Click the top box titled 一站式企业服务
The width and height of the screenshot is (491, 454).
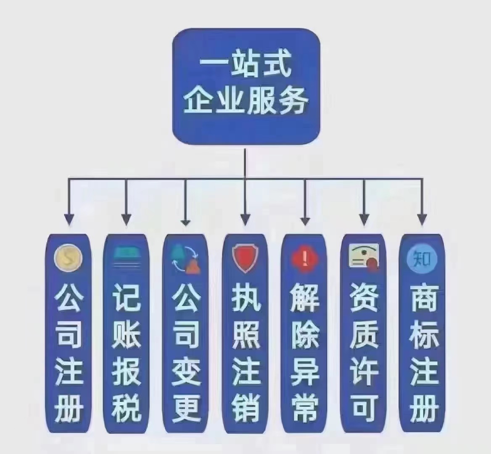(x=246, y=87)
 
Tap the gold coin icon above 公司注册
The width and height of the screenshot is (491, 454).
(x=68, y=258)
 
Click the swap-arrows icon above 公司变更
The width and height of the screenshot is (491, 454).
(x=186, y=258)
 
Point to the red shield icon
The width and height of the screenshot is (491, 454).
(x=245, y=258)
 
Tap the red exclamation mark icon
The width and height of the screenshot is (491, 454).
(x=304, y=259)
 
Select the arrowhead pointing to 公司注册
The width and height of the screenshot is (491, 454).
(x=69, y=219)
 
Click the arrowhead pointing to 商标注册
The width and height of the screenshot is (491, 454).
(x=422, y=219)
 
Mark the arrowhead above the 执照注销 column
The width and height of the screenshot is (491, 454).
(x=245, y=219)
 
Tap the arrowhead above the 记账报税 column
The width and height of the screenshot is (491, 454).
(x=126, y=219)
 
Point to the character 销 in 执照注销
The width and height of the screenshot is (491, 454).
(x=246, y=408)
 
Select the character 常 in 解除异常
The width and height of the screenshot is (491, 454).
(x=305, y=408)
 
